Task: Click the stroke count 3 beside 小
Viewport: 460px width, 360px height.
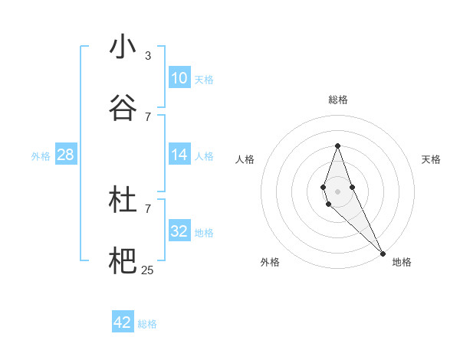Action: [x=148, y=55]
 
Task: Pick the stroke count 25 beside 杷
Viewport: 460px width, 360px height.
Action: [x=148, y=270]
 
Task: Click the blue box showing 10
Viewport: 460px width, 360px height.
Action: [x=179, y=78]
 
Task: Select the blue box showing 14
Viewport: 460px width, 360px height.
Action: [x=179, y=155]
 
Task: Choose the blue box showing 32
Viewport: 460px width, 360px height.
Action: [x=179, y=231]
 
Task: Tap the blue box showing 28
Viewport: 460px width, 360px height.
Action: [x=66, y=155]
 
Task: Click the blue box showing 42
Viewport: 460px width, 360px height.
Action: [x=123, y=322]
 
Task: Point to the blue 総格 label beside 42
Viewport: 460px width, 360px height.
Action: [x=147, y=324]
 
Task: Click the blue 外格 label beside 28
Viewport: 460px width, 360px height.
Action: [x=41, y=156]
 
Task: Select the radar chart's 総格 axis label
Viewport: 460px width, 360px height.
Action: [x=337, y=100]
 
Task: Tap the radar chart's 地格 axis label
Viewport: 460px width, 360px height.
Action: [x=402, y=262]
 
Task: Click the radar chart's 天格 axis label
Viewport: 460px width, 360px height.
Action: [x=431, y=159]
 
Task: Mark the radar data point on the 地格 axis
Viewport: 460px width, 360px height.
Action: [x=383, y=253]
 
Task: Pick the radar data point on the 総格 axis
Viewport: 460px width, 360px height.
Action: [x=337, y=146]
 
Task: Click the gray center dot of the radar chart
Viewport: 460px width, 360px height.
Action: [x=337, y=191]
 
